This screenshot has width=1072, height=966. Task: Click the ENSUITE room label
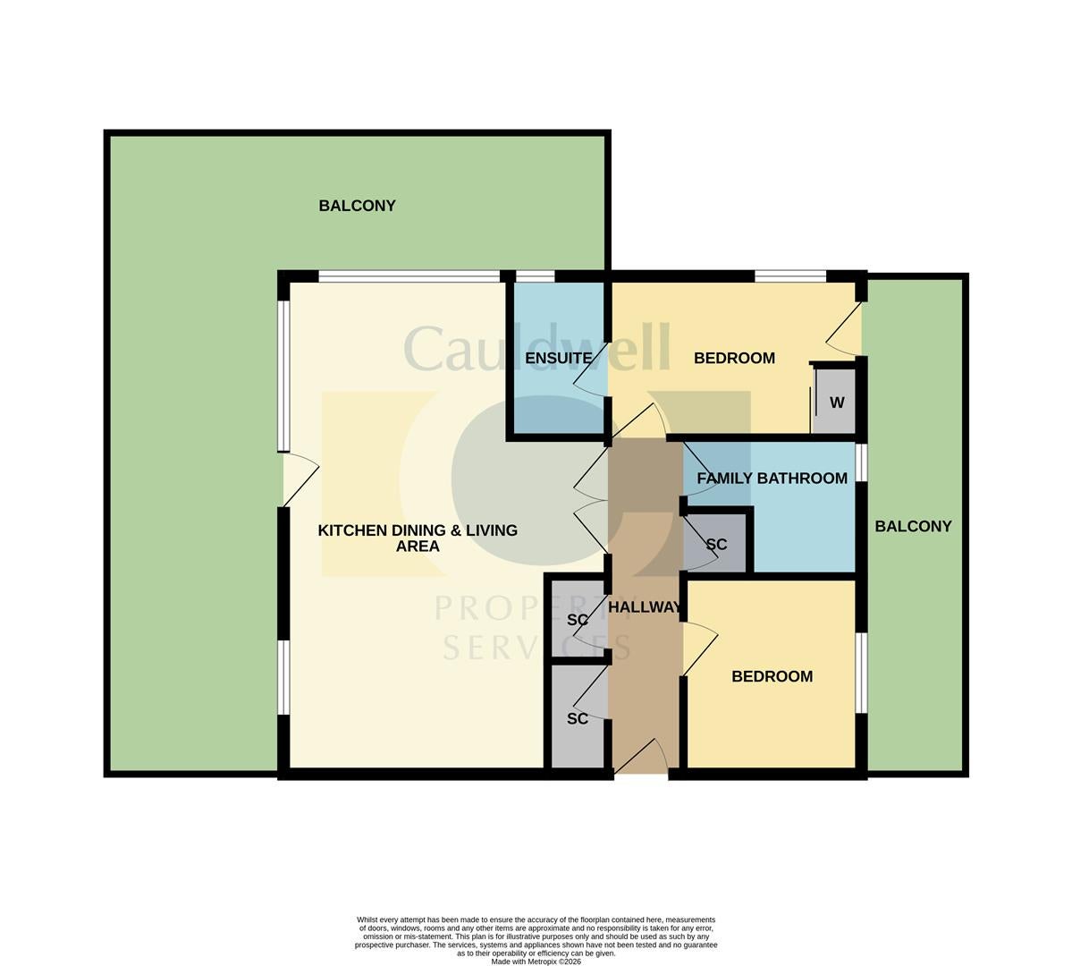559,358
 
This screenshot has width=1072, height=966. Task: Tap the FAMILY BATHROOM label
772,479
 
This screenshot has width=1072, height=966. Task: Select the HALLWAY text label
645,606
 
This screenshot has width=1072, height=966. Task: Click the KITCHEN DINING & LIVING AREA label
418,538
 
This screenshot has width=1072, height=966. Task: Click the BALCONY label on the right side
914,526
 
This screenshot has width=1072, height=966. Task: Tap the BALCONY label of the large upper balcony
357,205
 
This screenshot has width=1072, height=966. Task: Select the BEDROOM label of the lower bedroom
772,676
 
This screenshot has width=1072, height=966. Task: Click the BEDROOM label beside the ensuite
734,358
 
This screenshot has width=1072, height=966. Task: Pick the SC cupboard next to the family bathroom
716,544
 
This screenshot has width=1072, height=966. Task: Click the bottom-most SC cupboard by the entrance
578,717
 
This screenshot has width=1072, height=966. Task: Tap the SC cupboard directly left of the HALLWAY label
578,619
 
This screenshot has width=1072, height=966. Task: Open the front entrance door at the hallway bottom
641,757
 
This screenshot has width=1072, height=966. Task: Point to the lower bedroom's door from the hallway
700,649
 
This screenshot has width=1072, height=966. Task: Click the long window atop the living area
409,276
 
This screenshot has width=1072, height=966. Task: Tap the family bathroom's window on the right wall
861,462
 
